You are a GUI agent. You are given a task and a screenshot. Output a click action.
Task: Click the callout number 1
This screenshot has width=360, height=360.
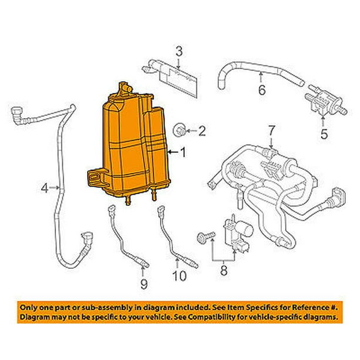pyautogui.click(x=183, y=152)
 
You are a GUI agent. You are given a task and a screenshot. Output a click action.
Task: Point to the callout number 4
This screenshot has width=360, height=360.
pyautogui.click(x=45, y=188)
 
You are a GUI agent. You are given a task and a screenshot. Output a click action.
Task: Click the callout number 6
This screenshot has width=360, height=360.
pyautogui.click(x=262, y=90)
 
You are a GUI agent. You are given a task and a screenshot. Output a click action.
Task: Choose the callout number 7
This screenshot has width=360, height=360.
pyautogui.click(x=271, y=129)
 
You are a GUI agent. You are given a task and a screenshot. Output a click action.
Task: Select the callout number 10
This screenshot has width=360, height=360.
pyautogui.click(x=178, y=275)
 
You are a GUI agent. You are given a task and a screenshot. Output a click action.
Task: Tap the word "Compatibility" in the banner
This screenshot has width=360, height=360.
pyautogui.click(x=215, y=316)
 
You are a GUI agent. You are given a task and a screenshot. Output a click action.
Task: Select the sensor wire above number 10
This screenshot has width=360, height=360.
pyautogui.click(x=167, y=235)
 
